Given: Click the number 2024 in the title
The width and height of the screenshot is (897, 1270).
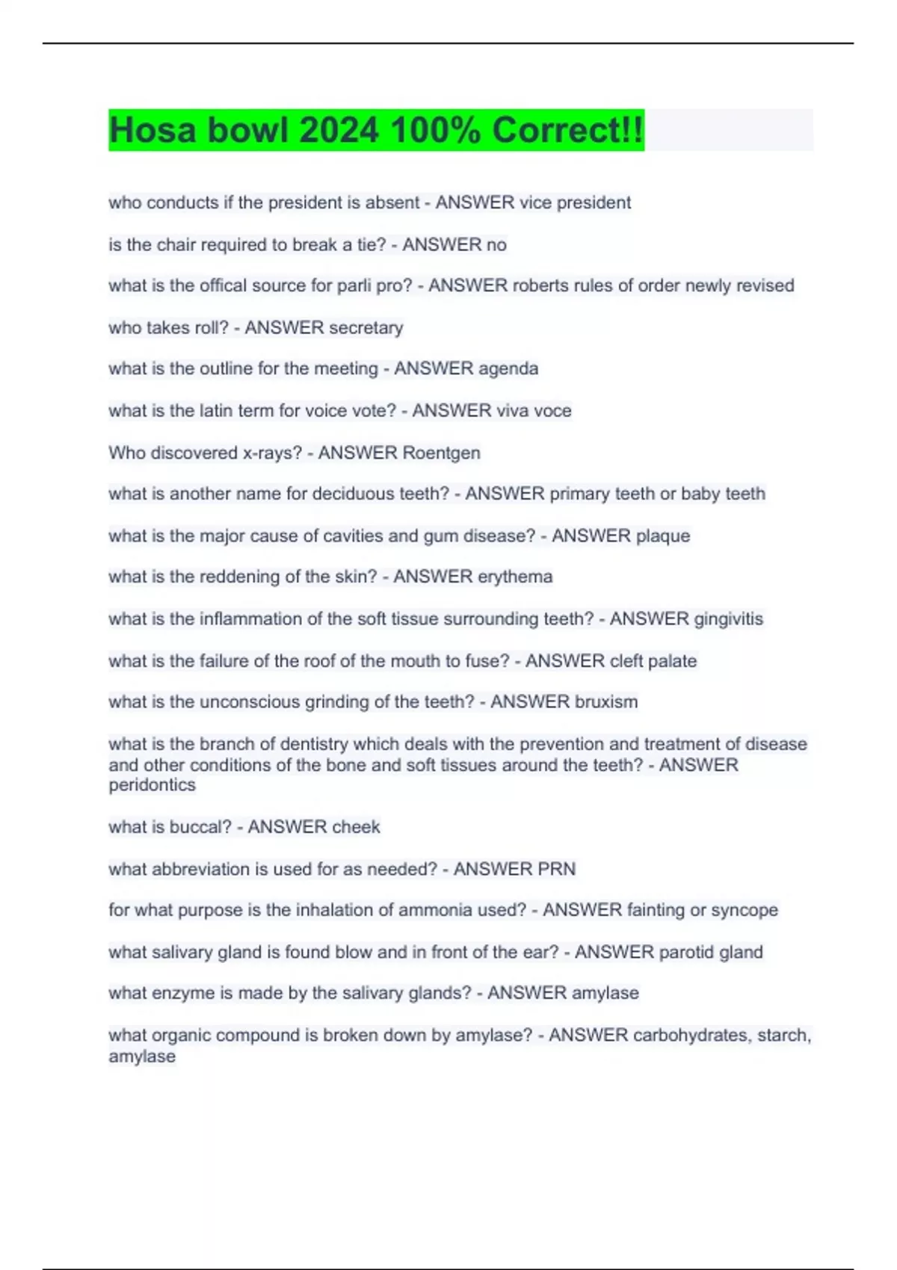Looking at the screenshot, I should click(339, 130).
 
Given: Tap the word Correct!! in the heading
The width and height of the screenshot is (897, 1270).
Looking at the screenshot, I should click(567, 130).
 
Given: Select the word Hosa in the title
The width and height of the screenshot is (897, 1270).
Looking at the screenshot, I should click(153, 130).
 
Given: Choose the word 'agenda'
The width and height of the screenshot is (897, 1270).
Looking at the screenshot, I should click(508, 368).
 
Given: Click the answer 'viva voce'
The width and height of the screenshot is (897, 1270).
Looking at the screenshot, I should click(529, 410).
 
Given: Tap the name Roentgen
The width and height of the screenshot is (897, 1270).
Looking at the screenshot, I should click(441, 453).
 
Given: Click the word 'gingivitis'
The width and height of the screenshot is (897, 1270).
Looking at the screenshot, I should click(728, 619).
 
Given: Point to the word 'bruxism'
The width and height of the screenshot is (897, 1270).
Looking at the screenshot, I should click(606, 701).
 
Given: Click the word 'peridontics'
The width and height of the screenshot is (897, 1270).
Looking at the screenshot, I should click(152, 785).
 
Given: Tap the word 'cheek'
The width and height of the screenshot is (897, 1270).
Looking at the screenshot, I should click(356, 827).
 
